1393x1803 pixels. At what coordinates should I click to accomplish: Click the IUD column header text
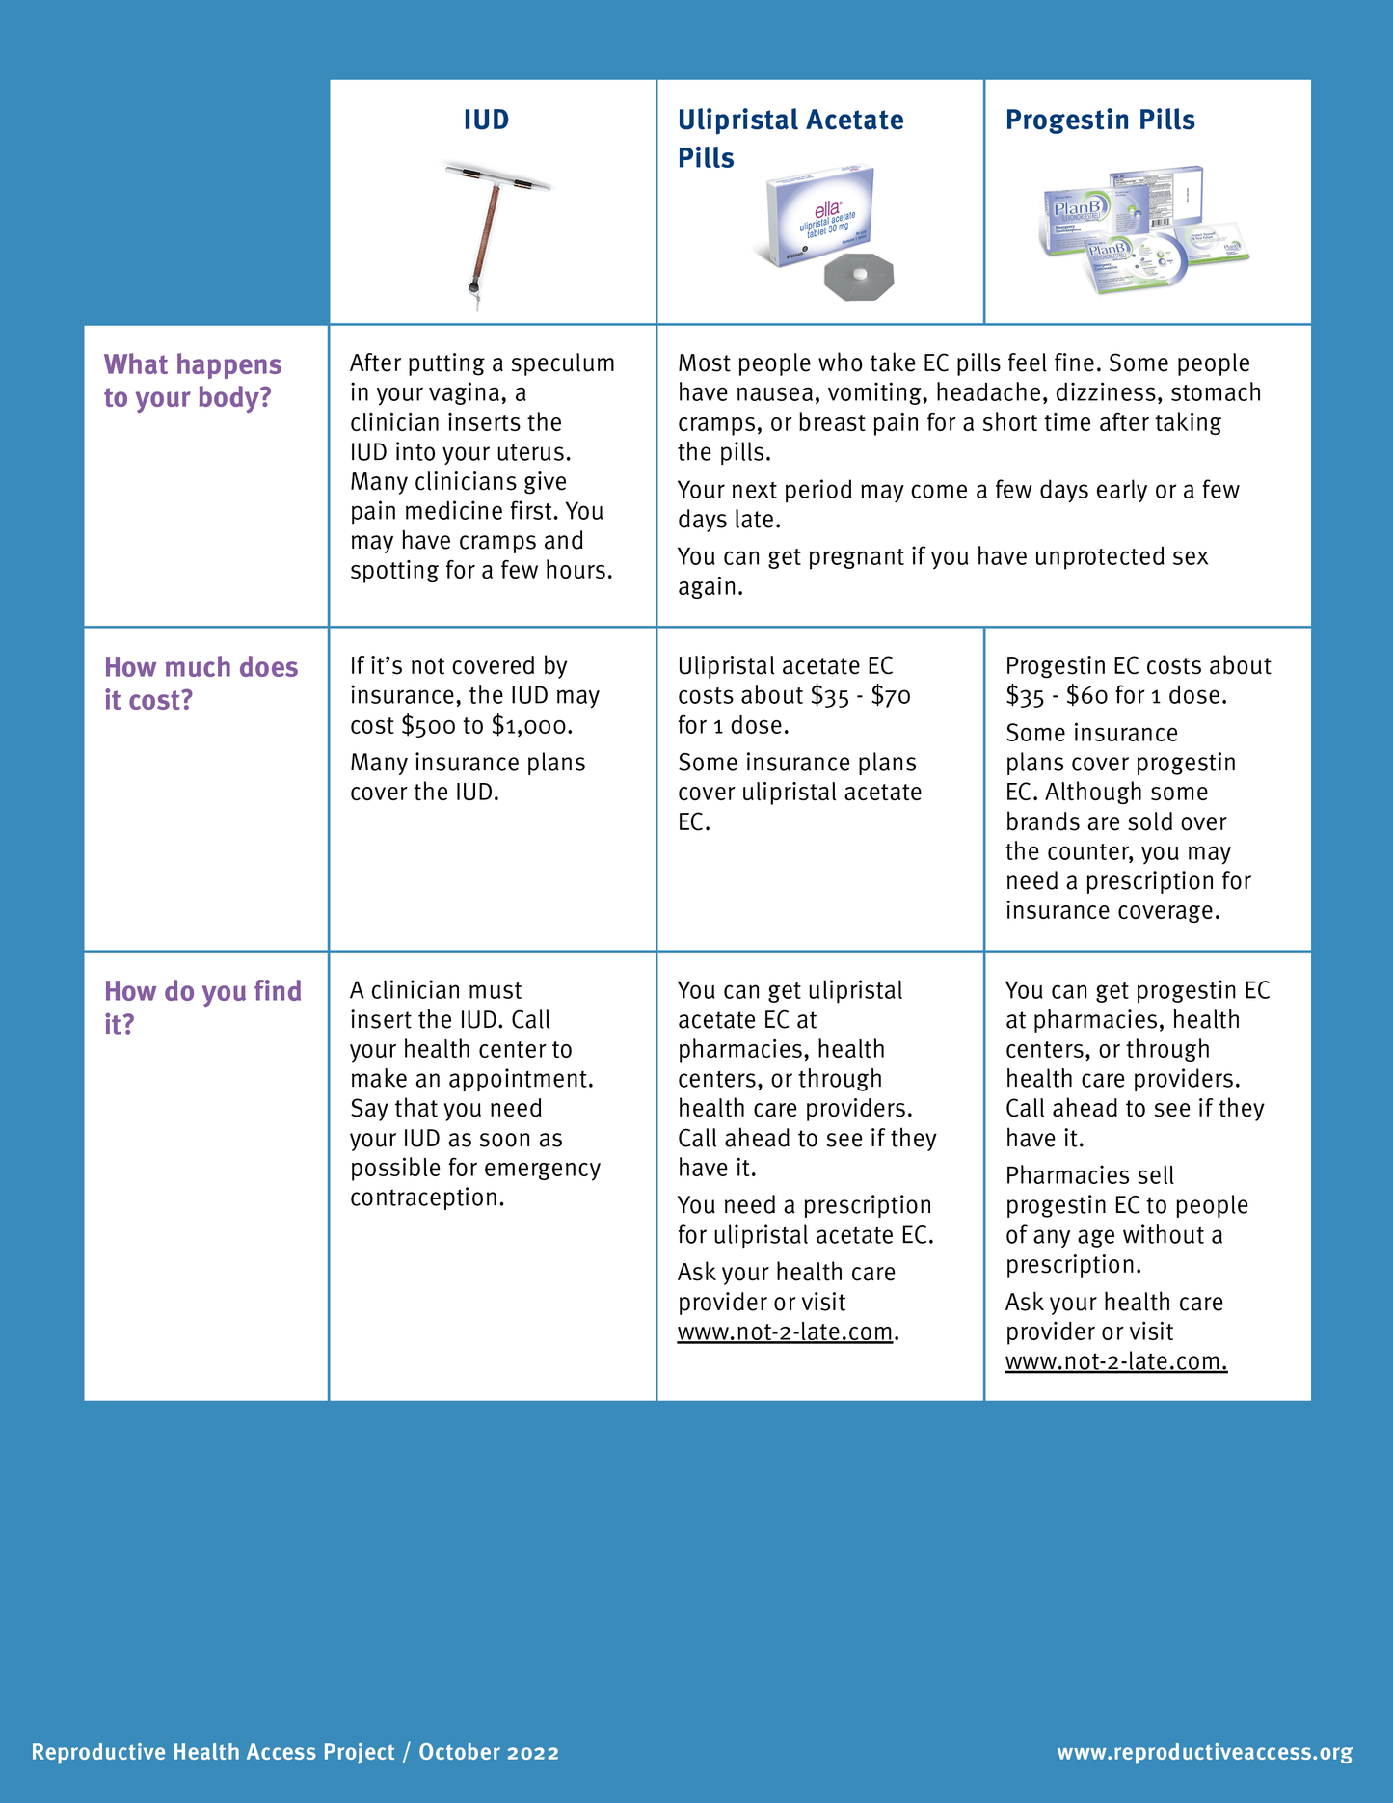tap(486, 120)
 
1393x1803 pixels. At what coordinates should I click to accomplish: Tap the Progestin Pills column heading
tap(1100, 120)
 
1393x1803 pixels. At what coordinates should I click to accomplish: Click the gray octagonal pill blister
tap(859, 279)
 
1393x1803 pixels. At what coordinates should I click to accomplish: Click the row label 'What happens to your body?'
tap(193, 381)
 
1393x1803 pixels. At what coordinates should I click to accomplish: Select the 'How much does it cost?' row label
tap(201, 684)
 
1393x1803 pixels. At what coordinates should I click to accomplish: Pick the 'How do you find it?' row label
tap(202, 1008)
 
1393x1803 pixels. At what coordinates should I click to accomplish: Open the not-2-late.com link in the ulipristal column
tap(785, 1332)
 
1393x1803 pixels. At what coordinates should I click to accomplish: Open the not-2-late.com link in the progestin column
tap(1115, 1362)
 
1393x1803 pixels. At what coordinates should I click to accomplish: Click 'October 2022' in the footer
tap(489, 1752)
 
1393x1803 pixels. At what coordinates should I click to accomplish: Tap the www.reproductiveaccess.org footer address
tap(1204, 1752)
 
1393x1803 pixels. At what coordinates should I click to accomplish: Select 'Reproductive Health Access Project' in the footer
tap(213, 1752)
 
